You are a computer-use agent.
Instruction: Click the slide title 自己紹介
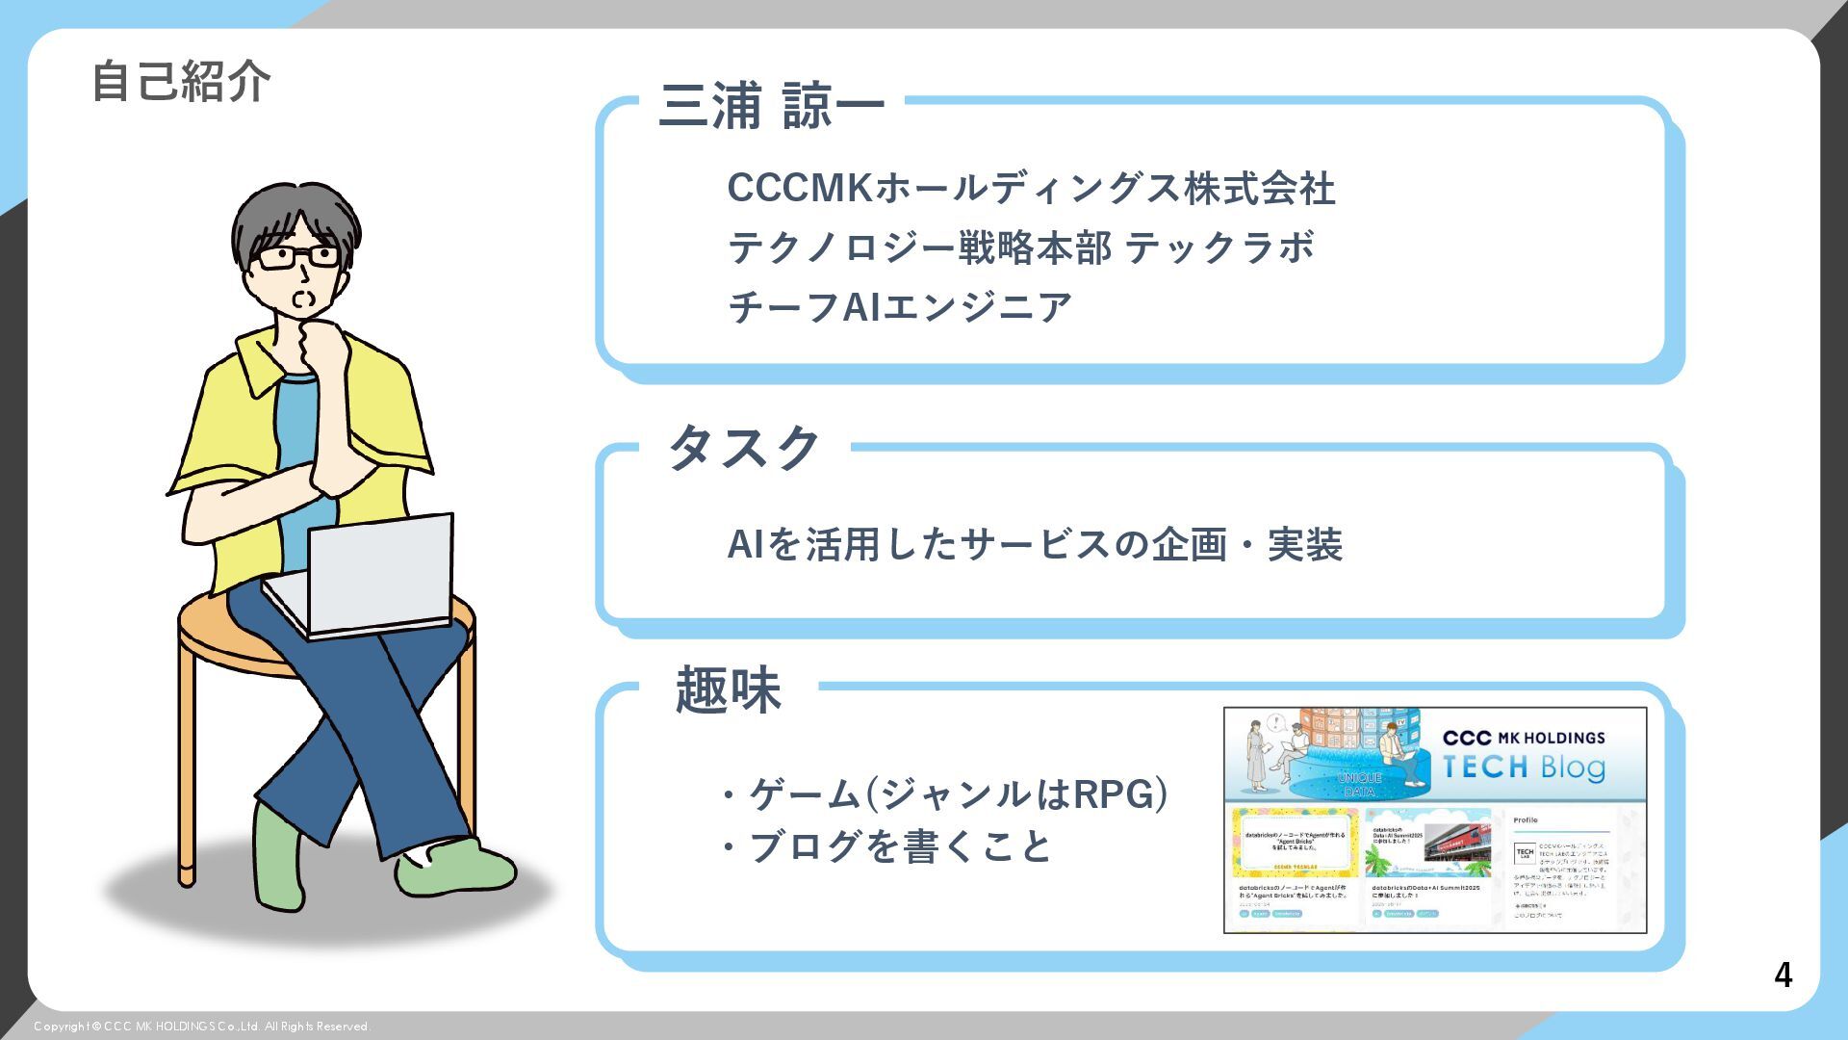(181, 81)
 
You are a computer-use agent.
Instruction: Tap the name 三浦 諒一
(771, 106)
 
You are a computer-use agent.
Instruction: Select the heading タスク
(744, 448)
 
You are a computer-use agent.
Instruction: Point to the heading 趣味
(728, 689)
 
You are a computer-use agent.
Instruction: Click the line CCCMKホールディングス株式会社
(1031, 188)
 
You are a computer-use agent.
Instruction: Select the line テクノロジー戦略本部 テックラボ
(1021, 247)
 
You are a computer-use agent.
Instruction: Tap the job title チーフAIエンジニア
(900, 307)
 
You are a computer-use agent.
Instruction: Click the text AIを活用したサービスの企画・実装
(1035, 545)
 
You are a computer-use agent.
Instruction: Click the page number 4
(1783, 975)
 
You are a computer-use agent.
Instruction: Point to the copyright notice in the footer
(202, 1027)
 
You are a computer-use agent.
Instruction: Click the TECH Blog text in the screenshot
(1524, 767)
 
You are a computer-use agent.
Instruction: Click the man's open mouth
(302, 299)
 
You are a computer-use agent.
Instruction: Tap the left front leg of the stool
(187, 770)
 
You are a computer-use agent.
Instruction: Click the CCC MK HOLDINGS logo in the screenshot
(1524, 738)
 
